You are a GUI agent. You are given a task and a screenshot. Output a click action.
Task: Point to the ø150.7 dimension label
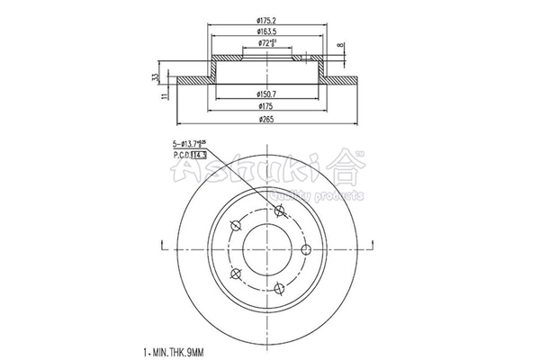[x=265, y=94]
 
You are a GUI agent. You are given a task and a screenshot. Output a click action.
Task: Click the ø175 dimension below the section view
[x=265, y=106]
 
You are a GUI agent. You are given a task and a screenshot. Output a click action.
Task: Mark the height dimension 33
[x=156, y=77]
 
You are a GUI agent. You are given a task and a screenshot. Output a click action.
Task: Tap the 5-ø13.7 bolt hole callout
[x=190, y=143]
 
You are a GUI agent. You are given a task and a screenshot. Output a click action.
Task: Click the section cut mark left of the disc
[x=160, y=244]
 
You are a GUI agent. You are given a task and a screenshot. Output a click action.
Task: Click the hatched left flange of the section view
[x=193, y=80]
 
